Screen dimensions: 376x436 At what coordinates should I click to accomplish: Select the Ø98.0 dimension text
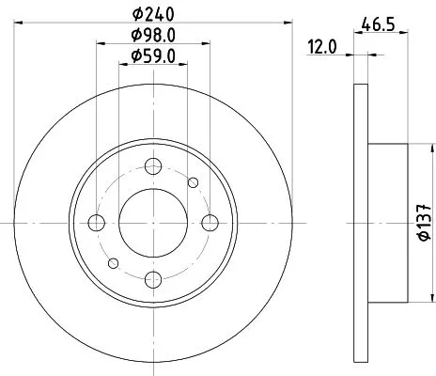click(153, 37)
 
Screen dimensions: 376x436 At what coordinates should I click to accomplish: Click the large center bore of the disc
click(152, 222)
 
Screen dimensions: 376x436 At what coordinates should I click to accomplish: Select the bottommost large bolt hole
click(152, 277)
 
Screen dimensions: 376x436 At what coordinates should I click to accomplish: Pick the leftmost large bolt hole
click(97, 222)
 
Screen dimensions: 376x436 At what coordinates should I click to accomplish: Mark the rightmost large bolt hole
click(209, 222)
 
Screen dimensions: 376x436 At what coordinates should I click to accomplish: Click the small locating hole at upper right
click(194, 182)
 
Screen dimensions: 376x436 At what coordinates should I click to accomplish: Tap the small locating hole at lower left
click(112, 262)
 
